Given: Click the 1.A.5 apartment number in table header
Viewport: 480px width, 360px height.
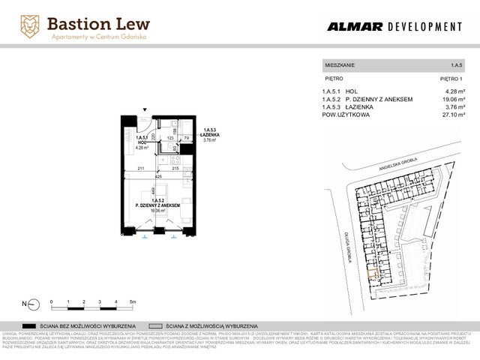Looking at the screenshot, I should point(456,65).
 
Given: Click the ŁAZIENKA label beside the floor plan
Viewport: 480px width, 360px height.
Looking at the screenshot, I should point(209,134).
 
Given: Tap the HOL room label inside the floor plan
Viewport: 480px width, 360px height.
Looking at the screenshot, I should point(140,142).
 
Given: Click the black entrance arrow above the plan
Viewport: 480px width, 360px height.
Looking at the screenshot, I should point(147,109).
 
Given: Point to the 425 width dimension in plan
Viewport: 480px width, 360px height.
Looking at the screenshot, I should point(160,177).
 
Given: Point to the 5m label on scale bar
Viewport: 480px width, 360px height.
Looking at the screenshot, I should point(132,301).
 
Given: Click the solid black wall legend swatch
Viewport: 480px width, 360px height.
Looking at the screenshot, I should point(31,327).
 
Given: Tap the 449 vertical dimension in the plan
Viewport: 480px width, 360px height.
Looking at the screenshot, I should point(152,190).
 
